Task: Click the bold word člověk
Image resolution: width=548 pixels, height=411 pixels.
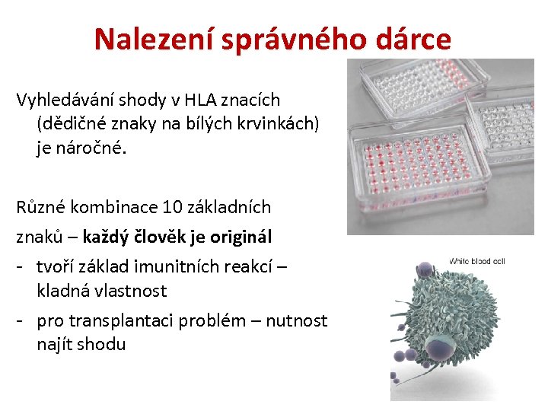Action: (x=162, y=237)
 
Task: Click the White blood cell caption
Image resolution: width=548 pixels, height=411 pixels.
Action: (x=476, y=261)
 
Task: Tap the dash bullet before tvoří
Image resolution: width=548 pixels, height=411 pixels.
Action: (x=23, y=267)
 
